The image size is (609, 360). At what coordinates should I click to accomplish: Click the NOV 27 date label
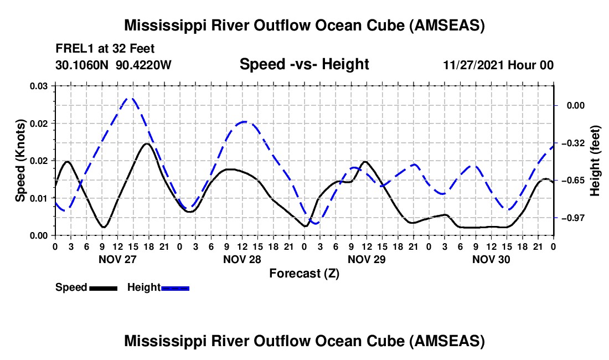[x=117, y=259]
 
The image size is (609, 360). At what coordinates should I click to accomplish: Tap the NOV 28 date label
[x=242, y=259]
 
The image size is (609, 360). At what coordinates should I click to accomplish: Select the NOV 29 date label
[x=367, y=259]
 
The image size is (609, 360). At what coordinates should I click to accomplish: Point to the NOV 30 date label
[x=491, y=259]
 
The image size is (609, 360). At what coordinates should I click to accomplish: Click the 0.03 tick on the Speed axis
[x=39, y=85]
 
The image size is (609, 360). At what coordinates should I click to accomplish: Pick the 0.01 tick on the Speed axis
[x=39, y=198]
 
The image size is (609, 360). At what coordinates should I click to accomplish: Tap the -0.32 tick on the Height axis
[x=575, y=143]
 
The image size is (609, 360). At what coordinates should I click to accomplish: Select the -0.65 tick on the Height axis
[x=575, y=181]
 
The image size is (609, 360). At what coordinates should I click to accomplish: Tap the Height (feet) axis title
[x=595, y=160]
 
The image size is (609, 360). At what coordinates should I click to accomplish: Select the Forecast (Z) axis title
[x=304, y=273]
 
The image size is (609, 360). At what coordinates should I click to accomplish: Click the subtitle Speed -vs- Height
[x=304, y=64]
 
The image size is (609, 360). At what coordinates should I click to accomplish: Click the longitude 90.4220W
[x=144, y=65]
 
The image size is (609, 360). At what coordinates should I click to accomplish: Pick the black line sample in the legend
[x=104, y=287]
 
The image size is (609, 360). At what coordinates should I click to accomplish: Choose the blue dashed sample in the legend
[x=176, y=287]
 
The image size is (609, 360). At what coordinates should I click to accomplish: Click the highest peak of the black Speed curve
[x=146, y=144]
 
